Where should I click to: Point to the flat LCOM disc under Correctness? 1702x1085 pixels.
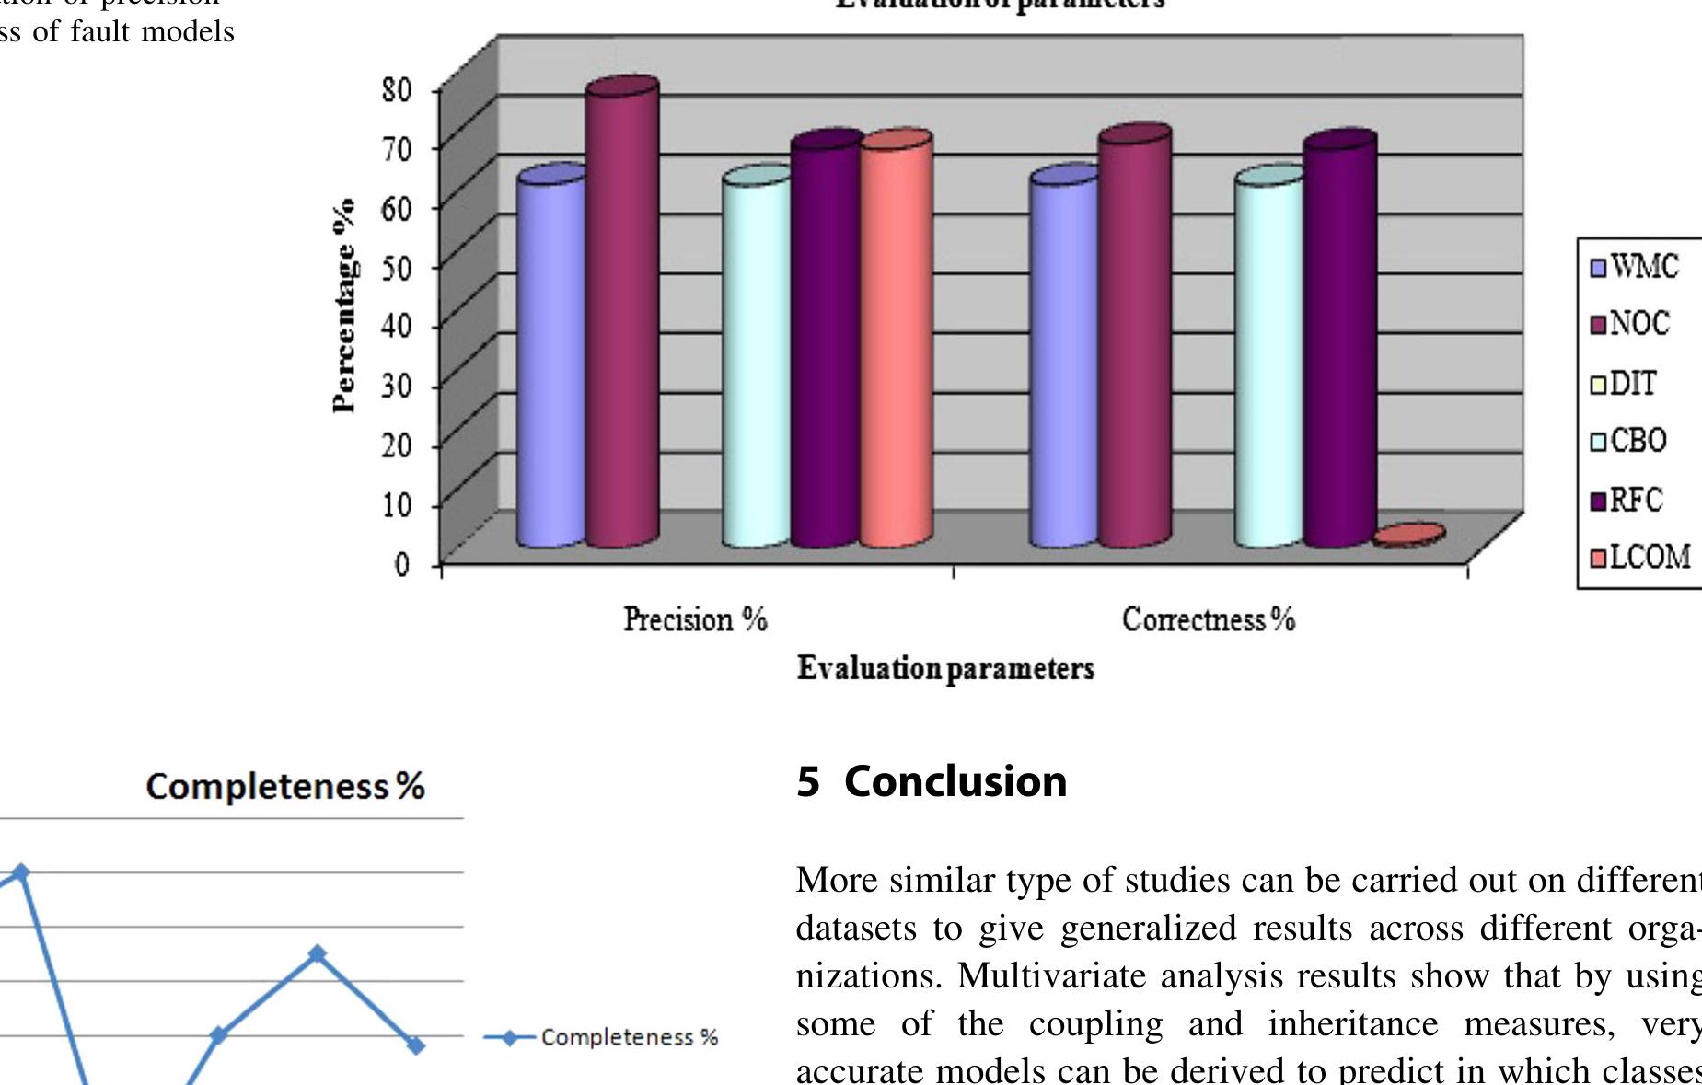pyautogui.click(x=1408, y=536)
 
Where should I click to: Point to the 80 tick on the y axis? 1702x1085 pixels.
pyautogui.click(x=396, y=89)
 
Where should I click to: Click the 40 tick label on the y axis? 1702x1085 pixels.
pyautogui.click(x=396, y=325)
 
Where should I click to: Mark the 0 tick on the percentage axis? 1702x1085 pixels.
pyautogui.click(x=402, y=563)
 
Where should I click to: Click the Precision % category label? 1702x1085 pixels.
pyautogui.click(x=695, y=619)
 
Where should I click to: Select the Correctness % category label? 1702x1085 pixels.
pyautogui.click(x=1208, y=619)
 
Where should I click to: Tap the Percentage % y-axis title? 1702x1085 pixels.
pyautogui.click(x=344, y=305)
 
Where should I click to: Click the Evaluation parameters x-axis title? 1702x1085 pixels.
pyautogui.click(x=945, y=668)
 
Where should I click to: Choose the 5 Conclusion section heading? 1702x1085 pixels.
pyautogui.click(x=932, y=781)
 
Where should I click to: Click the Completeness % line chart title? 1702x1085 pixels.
pyautogui.click(x=285, y=787)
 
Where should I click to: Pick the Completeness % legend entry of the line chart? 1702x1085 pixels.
pyautogui.click(x=603, y=1037)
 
